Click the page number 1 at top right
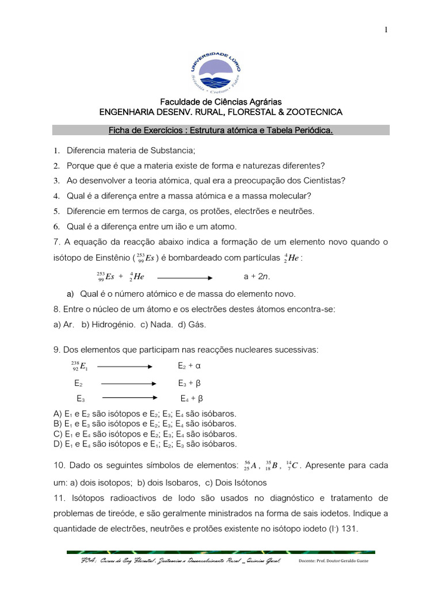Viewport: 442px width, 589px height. (387, 30)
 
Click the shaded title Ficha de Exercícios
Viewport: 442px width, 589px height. (221, 131)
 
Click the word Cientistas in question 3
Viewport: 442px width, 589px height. (321, 181)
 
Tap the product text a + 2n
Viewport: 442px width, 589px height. (257, 276)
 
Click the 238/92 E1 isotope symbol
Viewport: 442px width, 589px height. (79, 366)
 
